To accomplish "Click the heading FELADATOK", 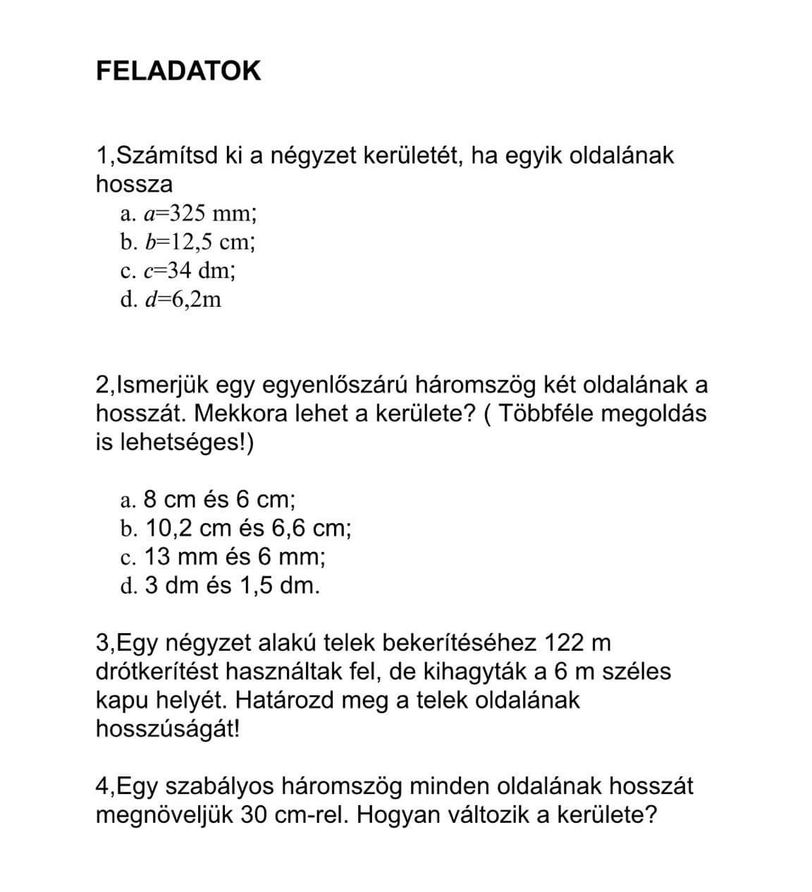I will (x=178, y=71).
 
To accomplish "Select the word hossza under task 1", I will (x=134, y=184).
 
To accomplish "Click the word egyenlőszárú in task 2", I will (x=336, y=385).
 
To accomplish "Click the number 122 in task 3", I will (x=562, y=643).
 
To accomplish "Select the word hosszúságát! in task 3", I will (x=168, y=729).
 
